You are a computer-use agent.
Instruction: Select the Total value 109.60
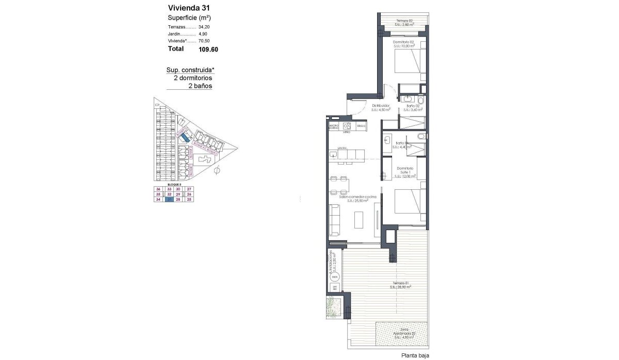pyautogui.click(x=208, y=50)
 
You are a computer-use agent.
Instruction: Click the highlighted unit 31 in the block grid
pyautogui.click(x=168, y=200)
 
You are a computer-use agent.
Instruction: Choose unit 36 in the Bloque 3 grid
pyautogui.click(x=158, y=189)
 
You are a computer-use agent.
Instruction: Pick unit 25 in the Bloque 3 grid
pyautogui.click(x=189, y=200)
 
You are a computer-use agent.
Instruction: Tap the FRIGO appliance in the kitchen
pyautogui.click(x=361, y=126)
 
